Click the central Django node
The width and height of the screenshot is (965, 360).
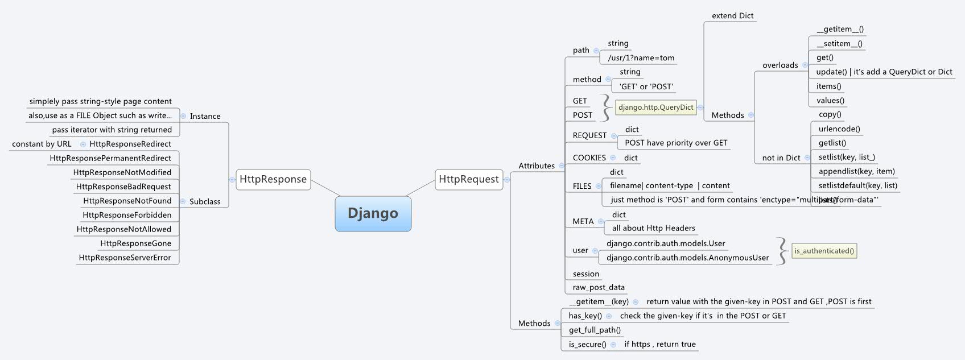(373, 214)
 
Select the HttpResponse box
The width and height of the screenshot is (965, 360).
(273, 179)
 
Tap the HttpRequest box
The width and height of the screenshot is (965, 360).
(468, 179)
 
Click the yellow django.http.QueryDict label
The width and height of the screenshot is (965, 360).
(655, 107)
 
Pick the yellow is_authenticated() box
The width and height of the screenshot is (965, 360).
(824, 251)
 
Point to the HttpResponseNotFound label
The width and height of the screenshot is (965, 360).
(127, 201)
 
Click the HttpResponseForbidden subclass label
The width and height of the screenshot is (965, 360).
(127, 215)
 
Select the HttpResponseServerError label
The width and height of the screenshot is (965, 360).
(125, 258)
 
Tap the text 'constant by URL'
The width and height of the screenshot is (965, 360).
(42, 144)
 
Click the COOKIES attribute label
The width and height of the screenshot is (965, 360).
(589, 158)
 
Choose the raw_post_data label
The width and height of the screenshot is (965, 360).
(598, 287)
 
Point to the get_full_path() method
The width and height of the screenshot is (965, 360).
(595, 330)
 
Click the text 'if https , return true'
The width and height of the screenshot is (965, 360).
(659, 344)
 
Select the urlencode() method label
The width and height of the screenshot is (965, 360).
(839, 129)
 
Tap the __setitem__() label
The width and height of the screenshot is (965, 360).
(839, 43)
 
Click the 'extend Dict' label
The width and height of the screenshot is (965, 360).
(732, 16)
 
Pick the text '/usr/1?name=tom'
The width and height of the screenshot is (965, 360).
(641, 58)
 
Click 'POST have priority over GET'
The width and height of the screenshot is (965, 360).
(676, 143)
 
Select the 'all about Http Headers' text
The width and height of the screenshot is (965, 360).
(653, 228)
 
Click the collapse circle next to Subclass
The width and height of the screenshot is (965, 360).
(183, 201)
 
